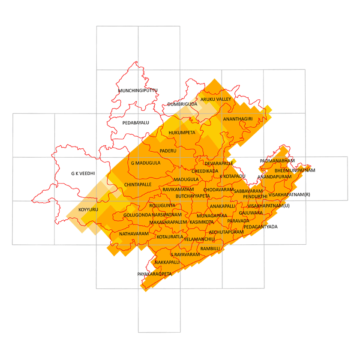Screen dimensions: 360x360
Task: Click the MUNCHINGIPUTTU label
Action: tap(138, 91)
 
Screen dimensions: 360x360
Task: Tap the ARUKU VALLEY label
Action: tap(216, 99)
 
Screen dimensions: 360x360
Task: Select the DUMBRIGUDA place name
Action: tap(182, 104)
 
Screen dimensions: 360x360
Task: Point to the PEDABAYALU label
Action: tap(135, 123)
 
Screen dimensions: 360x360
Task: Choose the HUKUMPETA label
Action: tap(182, 133)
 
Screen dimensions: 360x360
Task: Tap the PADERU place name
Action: tap(168, 151)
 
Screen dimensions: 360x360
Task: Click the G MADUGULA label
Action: tap(146, 163)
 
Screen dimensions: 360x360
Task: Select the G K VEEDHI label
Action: tap(83, 174)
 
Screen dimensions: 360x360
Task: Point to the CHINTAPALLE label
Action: tap(138, 184)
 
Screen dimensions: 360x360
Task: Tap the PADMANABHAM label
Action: tap(277, 161)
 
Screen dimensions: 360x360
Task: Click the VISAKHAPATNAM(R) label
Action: tap(289, 195)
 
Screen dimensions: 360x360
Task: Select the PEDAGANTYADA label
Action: tap(261, 226)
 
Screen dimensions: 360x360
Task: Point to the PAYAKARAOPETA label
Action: tap(154, 274)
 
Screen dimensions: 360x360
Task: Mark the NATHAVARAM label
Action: tap(134, 234)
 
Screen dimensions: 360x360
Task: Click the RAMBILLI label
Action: tap(210, 249)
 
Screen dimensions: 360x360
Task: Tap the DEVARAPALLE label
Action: tap(219, 163)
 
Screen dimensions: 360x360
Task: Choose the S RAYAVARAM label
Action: tap(185, 255)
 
